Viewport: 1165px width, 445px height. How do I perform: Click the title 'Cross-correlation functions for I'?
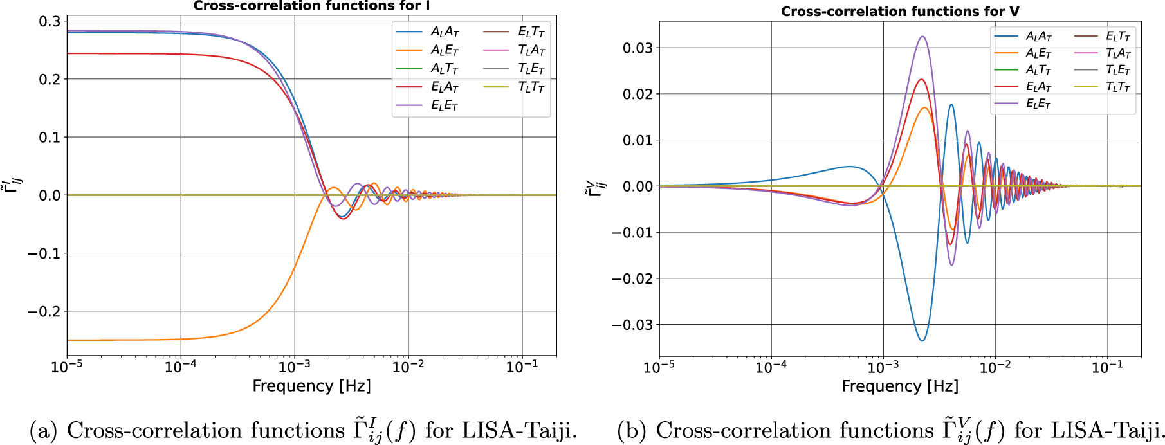point(311,6)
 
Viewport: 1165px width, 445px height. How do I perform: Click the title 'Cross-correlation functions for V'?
point(899,12)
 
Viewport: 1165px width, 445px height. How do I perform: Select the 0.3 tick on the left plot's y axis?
point(50,21)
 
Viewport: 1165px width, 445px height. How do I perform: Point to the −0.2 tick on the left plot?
point(44,311)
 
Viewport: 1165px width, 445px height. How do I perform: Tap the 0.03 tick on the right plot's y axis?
point(638,48)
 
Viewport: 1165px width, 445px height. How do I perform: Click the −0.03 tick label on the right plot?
point(632,325)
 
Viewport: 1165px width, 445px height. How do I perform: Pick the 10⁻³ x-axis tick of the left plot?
point(295,368)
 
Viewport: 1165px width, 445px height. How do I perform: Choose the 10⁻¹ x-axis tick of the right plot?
point(1108,368)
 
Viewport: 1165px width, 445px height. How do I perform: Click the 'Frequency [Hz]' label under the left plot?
point(311,386)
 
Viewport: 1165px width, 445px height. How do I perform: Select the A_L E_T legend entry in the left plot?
point(444,50)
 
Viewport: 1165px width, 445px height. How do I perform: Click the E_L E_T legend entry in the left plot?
point(444,105)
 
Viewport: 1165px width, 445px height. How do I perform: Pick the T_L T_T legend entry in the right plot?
point(1118,87)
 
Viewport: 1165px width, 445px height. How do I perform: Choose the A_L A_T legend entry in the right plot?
point(1038,36)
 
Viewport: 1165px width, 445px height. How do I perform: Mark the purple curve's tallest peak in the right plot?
point(922,37)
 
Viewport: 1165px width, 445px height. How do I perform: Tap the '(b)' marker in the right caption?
point(631,430)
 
